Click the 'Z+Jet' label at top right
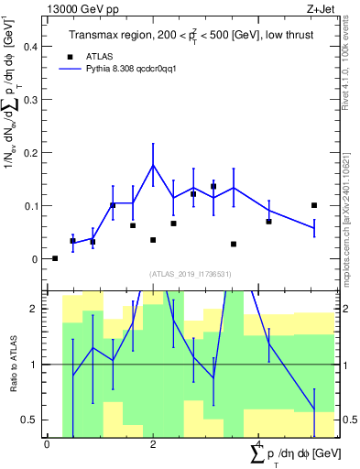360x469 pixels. pyautogui.click(x=320, y=8)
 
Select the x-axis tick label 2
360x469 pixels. pyautogui.click(x=153, y=444)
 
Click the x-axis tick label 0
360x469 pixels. pyautogui.click(x=47, y=444)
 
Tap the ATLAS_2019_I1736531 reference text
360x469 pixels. pyautogui.click(x=191, y=274)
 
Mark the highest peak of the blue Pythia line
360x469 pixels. pyautogui.click(x=153, y=165)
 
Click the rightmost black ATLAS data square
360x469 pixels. pyautogui.click(x=314, y=205)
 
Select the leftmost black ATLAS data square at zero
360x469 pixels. pyautogui.click(x=55, y=258)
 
